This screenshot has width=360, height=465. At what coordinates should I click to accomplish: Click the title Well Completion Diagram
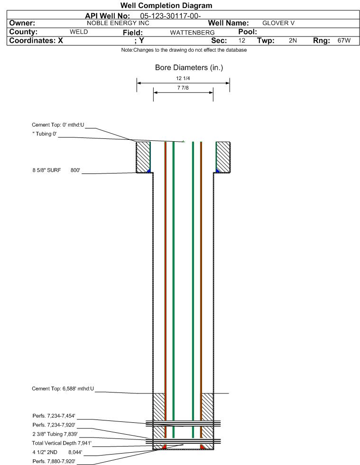[166, 5]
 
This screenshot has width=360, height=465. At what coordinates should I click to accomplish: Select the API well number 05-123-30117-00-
[170, 16]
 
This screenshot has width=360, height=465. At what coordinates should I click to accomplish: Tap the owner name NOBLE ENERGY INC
[118, 23]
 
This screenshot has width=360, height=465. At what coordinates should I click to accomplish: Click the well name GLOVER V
[278, 23]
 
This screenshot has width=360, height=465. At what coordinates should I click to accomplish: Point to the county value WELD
[79, 32]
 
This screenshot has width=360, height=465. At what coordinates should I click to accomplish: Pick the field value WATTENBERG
[192, 33]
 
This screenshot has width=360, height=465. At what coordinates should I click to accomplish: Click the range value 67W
[344, 40]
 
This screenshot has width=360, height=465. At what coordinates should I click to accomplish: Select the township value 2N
[293, 40]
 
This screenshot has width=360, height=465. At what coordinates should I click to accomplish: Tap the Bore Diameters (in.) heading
[189, 68]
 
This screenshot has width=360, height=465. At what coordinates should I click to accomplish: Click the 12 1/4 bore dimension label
[183, 78]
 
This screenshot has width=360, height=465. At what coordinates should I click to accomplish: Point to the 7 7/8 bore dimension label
[183, 88]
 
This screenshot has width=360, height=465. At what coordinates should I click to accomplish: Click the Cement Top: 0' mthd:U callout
[58, 125]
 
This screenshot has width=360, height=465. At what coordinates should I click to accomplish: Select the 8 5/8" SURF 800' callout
[56, 170]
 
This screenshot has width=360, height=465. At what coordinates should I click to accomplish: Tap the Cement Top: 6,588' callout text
[63, 389]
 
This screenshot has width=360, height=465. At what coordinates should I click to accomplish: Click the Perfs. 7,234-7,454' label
[54, 416]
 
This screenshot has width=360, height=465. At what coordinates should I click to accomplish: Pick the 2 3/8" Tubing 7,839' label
[55, 434]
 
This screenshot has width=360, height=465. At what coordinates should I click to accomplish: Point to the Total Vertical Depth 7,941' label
[62, 443]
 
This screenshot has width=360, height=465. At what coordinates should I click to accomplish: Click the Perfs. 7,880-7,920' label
[54, 461]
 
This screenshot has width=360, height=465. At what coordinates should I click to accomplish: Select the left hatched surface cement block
[143, 157]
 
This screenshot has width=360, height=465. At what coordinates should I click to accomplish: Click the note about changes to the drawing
[184, 50]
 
